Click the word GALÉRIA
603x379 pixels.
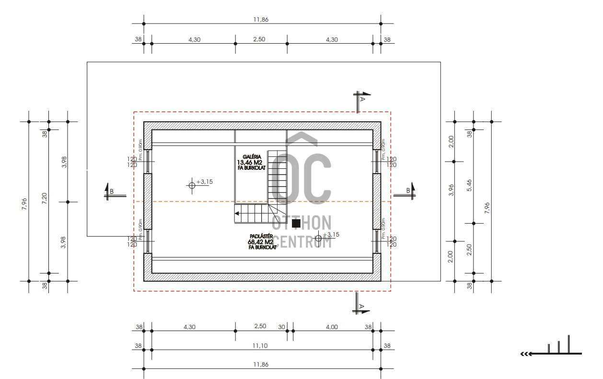252,156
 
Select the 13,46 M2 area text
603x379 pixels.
249,162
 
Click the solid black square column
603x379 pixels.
296,223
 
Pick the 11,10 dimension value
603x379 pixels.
261,345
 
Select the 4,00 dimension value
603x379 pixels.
332,327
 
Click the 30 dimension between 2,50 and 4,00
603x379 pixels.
281,327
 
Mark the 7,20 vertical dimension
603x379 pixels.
44,201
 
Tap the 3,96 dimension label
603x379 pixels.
450,191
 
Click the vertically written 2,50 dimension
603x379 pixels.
469,249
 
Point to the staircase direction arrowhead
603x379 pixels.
237,213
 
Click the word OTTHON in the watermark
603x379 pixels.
301,223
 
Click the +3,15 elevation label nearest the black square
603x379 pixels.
331,235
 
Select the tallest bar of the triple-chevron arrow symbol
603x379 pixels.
568,344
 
